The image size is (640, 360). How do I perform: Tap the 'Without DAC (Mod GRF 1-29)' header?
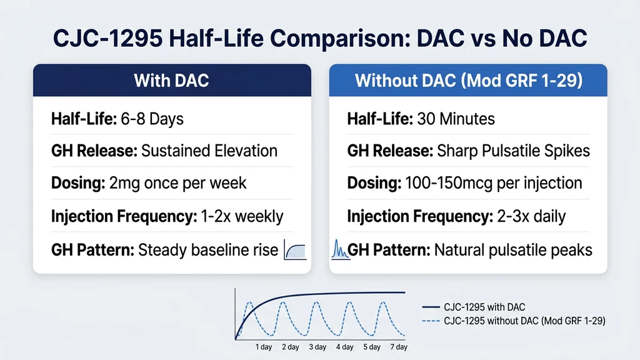[467, 81]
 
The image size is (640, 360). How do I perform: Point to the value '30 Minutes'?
[455, 118]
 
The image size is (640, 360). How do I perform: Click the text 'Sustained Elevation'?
[209, 151]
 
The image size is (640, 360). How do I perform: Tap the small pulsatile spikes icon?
[338, 250]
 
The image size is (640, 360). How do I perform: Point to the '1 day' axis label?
[263, 347]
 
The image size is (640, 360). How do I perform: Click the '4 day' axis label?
[344, 347]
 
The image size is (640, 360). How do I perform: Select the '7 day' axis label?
[398, 347]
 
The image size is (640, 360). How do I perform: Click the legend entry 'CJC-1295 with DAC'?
[484, 307]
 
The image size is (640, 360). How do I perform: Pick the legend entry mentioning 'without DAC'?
[524, 320]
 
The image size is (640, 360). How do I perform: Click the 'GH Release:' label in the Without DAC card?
[382, 151]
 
